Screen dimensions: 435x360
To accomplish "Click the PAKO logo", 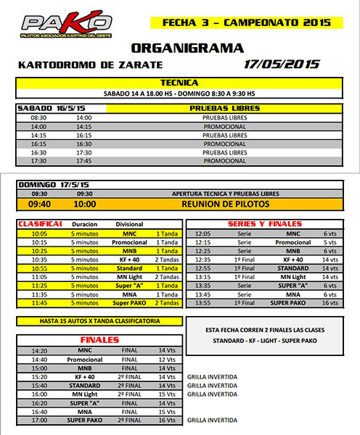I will click(x=67, y=24).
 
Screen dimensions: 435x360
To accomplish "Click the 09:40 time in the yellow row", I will click(x=39, y=205).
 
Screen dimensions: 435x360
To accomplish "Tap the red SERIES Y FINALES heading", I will click(x=264, y=224).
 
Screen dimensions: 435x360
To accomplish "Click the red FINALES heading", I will click(x=99, y=339).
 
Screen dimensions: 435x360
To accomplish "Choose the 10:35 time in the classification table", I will click(x=39, y=260).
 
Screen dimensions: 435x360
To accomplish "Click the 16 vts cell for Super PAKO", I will click(x=329, y=303).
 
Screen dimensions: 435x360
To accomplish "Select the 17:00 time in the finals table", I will click(x=39, y=420).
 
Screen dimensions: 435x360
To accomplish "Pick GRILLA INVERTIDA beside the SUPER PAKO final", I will click(x=213, y=420).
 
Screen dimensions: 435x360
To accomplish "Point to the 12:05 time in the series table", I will click(x=204, y=233).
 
